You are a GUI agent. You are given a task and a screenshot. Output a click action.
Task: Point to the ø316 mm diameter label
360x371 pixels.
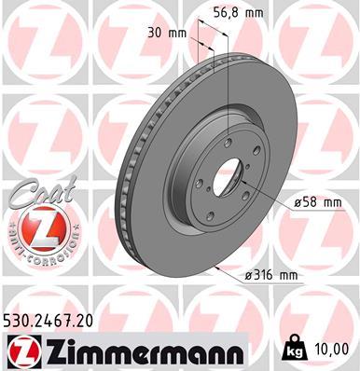270,276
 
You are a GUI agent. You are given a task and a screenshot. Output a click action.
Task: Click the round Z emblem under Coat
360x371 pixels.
33,228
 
